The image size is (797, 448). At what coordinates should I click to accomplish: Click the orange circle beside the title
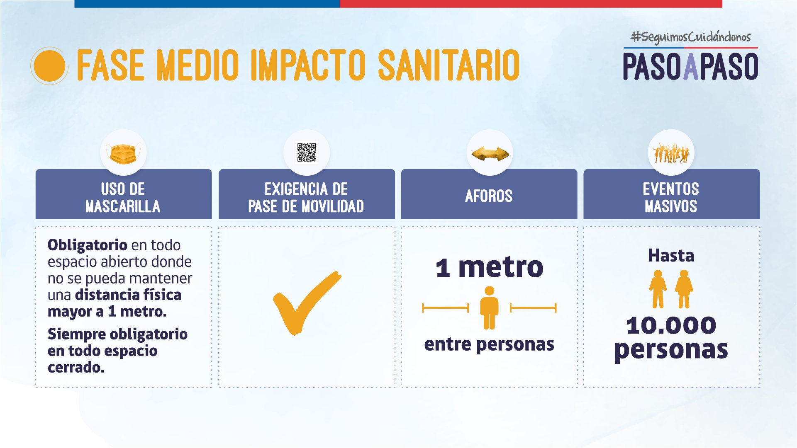(49, 66)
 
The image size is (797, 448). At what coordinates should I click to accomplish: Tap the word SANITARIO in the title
(448, 65)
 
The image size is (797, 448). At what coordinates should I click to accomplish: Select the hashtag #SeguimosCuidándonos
(690, 37)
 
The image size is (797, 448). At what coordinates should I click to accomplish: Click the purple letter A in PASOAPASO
(691, 66)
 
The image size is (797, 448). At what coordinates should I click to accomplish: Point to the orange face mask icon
(123, 153)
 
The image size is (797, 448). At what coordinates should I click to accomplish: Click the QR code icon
(307, 153)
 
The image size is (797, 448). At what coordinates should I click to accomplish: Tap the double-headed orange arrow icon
(490, 154)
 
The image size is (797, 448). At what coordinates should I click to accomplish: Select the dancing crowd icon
(671, 153)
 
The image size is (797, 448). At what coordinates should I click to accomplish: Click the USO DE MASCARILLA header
(123, 198)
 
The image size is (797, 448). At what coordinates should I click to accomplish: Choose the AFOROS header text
(489, 196)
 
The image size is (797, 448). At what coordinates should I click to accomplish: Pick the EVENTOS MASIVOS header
(671, 198)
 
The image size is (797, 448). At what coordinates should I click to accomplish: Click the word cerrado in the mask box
(76, 367)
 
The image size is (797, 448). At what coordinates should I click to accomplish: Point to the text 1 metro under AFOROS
(490, 267)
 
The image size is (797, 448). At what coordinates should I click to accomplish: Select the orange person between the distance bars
(489, 308)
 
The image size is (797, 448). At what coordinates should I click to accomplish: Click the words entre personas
(489, 344)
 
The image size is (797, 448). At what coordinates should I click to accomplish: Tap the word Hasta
(671, 255)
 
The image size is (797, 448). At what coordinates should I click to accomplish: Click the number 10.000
(671, 325)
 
